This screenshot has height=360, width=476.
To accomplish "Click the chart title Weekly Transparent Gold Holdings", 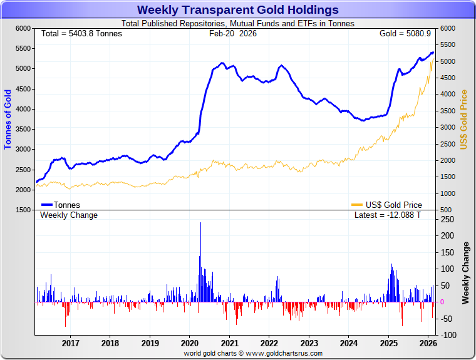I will click(x=237, y=10).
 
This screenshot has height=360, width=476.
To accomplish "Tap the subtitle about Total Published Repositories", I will click(x=237, y=24).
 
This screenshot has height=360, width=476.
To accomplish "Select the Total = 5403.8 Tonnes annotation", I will click(x=81, y=33).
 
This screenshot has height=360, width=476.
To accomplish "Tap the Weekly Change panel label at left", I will click(x=69, y=215).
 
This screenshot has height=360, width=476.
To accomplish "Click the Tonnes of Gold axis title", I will click(x=8, y=119).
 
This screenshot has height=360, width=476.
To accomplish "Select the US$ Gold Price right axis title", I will click(x=464, y=119).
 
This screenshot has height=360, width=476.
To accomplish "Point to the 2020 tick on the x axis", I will click(x=190, y=343).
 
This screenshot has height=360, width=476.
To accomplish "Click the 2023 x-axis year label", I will click(x=309, y=343).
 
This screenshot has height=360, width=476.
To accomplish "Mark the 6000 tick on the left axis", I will click(x=23, y=29).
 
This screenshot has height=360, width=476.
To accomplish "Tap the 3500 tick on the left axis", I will click(x=23, y=129).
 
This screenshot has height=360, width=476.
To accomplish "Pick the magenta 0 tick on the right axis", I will click(x=442, y=302).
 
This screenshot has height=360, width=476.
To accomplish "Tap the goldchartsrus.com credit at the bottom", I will click(x=253, y=354).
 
